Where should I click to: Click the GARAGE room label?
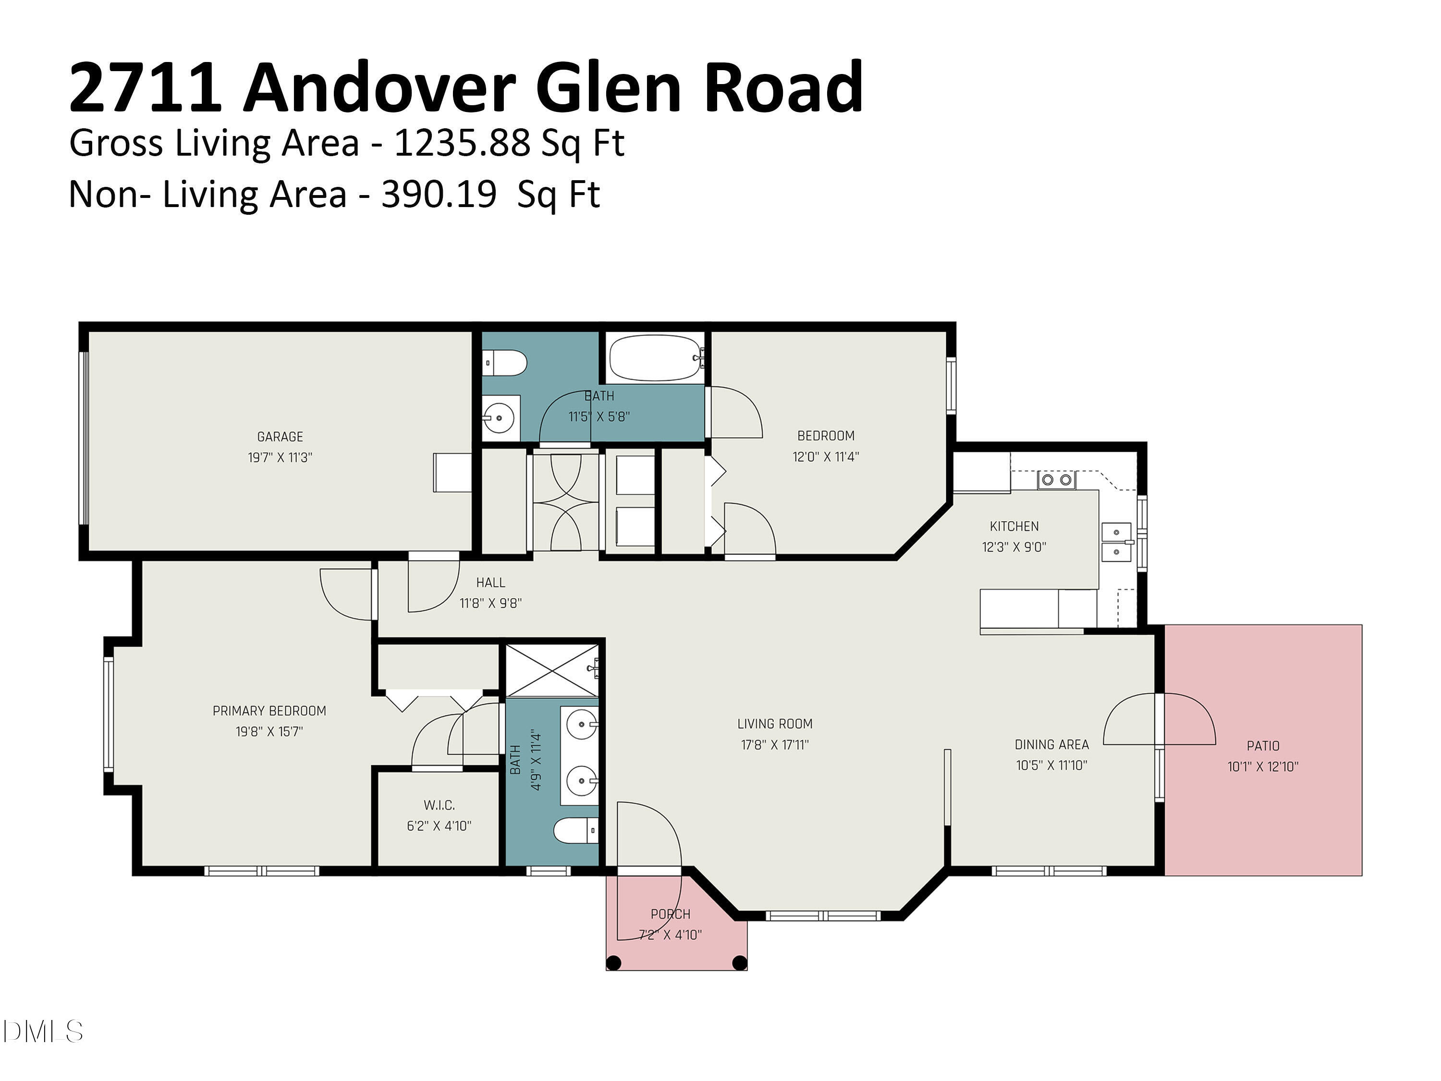(280, 437)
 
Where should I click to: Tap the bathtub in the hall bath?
(654, 358)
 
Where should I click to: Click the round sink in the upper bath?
(500, 418)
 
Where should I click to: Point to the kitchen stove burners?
(1056, 480)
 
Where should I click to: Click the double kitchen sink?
(1116, 542)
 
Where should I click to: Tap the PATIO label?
(1262, 746)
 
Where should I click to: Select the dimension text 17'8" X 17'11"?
(775, 744)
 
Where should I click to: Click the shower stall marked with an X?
(552, 671)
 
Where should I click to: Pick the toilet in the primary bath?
(574, 831)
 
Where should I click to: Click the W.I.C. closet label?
(439, 805)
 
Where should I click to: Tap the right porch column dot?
(739, 962)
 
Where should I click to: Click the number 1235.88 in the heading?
(463, 143)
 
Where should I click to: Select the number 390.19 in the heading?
(439, 195)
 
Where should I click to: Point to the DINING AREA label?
(1051, 744)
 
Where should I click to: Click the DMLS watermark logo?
(43, 1032)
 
